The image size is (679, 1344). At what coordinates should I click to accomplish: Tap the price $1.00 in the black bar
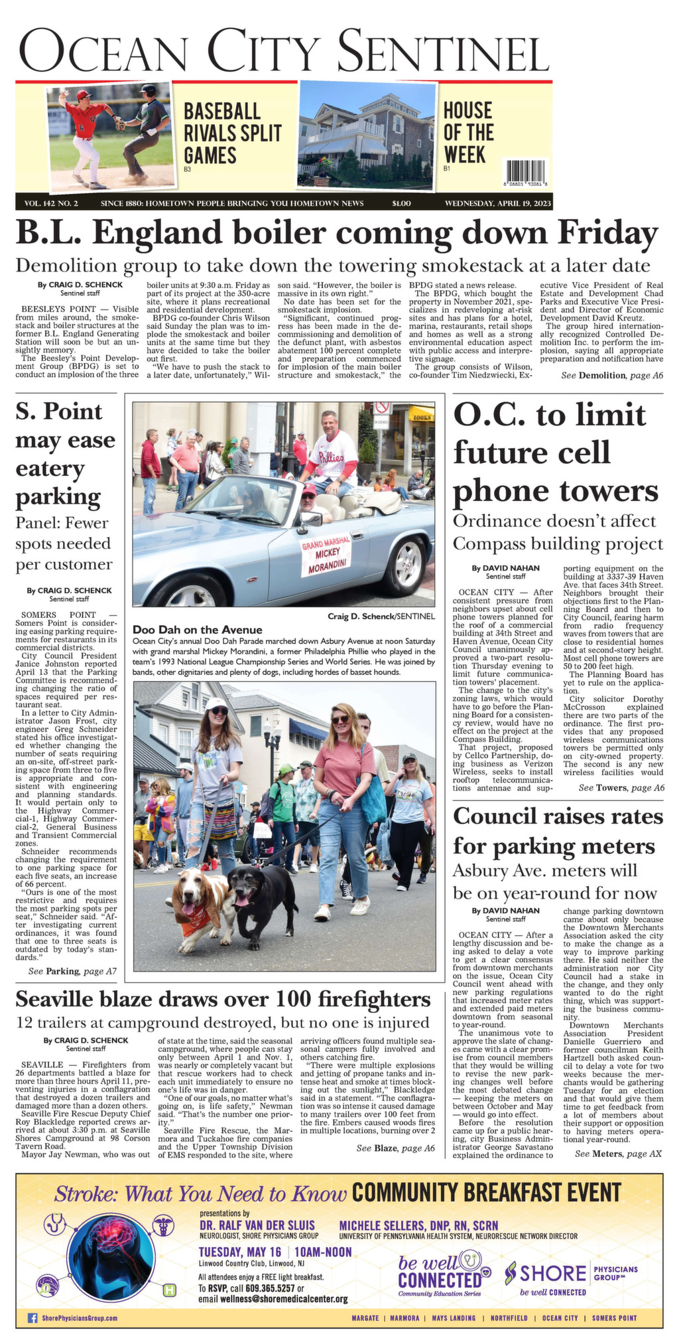click(x=402, y=203)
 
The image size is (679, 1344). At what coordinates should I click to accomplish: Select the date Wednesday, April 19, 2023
click(x=497, y=203)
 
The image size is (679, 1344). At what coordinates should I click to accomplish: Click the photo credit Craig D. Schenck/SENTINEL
click(x=381, y=616)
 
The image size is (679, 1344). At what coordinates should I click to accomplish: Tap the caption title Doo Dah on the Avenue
click(x=198, y=629)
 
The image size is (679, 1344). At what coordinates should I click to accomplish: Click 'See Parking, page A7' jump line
click(x=73, y=971)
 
